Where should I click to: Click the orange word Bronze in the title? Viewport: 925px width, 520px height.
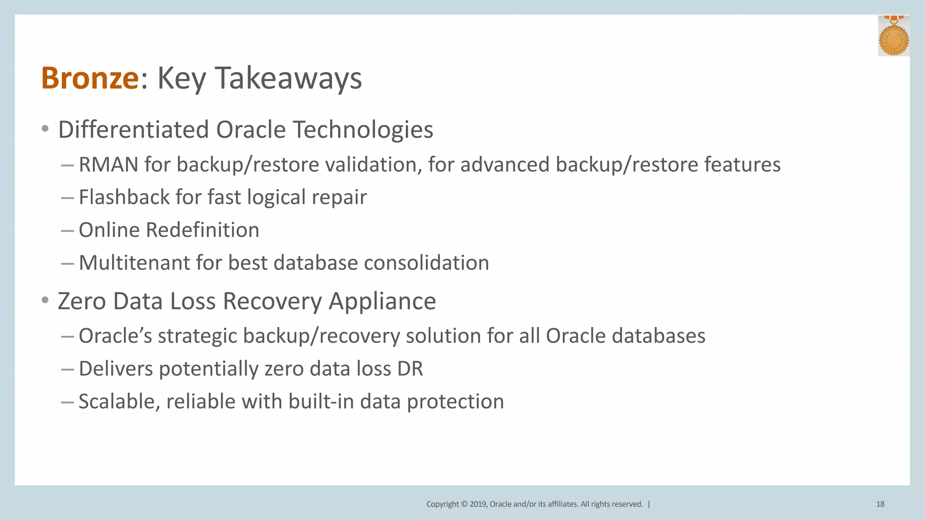point(89,78)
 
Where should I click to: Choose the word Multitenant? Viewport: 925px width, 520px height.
point(134,263)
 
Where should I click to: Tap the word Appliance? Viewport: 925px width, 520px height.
point(382,301)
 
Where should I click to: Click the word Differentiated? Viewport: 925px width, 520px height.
point(133,130)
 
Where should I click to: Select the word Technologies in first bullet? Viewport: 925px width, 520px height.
point(363,130)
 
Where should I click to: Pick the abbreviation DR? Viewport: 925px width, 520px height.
point(410,368)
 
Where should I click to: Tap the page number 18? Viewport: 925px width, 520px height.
point(880,504)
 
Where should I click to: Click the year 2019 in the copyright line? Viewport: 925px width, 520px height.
point(477,504)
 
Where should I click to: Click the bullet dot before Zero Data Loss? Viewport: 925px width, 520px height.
point(45,300)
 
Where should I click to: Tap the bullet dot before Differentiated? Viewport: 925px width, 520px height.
point(45,129)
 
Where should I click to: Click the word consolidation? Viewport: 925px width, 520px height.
point(426,263)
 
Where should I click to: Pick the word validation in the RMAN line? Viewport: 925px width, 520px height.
point(374,164)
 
